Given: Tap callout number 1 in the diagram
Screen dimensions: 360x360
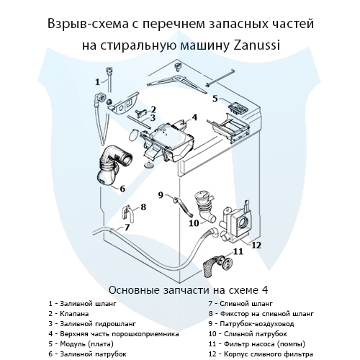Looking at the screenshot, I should pyautogui.click(x=97, y=81).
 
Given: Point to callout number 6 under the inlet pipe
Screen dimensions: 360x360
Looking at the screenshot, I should pyautogui.click(x=123, y=189).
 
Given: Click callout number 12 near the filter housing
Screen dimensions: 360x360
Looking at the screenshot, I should pyautogui.click(x=256, y=245).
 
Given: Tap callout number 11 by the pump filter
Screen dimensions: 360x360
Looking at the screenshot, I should pyautogui.click(x=238, y=251).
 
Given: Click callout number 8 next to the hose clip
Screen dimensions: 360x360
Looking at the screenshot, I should pyautogui.click(x=143, y=207).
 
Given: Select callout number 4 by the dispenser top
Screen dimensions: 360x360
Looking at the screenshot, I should pyautogui.click(x=195, y=117).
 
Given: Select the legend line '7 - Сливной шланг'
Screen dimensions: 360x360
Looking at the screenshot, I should pyautogui.click(x=238, y=303).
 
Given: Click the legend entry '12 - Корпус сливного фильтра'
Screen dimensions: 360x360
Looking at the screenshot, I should pyautogui.click(x=259, y=354).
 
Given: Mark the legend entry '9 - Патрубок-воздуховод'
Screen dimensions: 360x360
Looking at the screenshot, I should pyautogui.click(x=251, y=323).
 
